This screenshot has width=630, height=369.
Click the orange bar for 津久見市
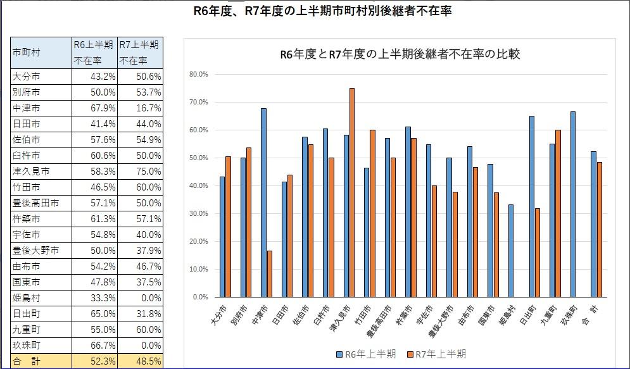(352, 192)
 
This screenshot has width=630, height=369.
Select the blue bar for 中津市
(263, 203)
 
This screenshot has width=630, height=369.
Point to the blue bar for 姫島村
(510, 251)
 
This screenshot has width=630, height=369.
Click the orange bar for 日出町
(537, 253)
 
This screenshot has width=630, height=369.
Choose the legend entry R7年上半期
(437, 354)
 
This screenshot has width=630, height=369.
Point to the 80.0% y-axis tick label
(199, 74)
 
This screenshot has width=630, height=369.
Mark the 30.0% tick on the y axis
(199, 213)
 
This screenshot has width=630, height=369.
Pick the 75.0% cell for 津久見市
(141, 172)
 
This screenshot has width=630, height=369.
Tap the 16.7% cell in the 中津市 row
(141, 108)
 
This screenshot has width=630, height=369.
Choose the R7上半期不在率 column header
(141, 53)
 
